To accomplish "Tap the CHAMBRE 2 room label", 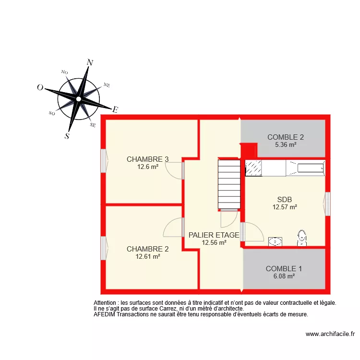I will (x=147, y=249).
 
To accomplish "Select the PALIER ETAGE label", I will (x=214, y=235).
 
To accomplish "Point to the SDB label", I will (x=285, y=200).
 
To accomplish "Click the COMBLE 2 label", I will (x=286, y=137).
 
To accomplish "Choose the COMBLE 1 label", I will (x=284, y=269).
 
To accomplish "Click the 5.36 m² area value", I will (x=286, y=144).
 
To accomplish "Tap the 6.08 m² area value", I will (x=284, y=276).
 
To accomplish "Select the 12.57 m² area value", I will (x=285, y=207).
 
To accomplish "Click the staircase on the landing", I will (x=229, y=184).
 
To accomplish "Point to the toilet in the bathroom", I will (x=301, y=238).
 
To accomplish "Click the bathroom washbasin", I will (x=275, y=241).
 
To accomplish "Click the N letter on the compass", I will (x=90, y=62).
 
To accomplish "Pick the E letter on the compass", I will (x=115, y=109).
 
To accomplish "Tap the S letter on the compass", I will (x=67, y=136).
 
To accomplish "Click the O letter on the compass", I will (x=40, y=88).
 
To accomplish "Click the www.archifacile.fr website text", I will (x=330, y=334).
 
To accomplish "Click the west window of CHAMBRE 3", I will (x=103, y=160).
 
